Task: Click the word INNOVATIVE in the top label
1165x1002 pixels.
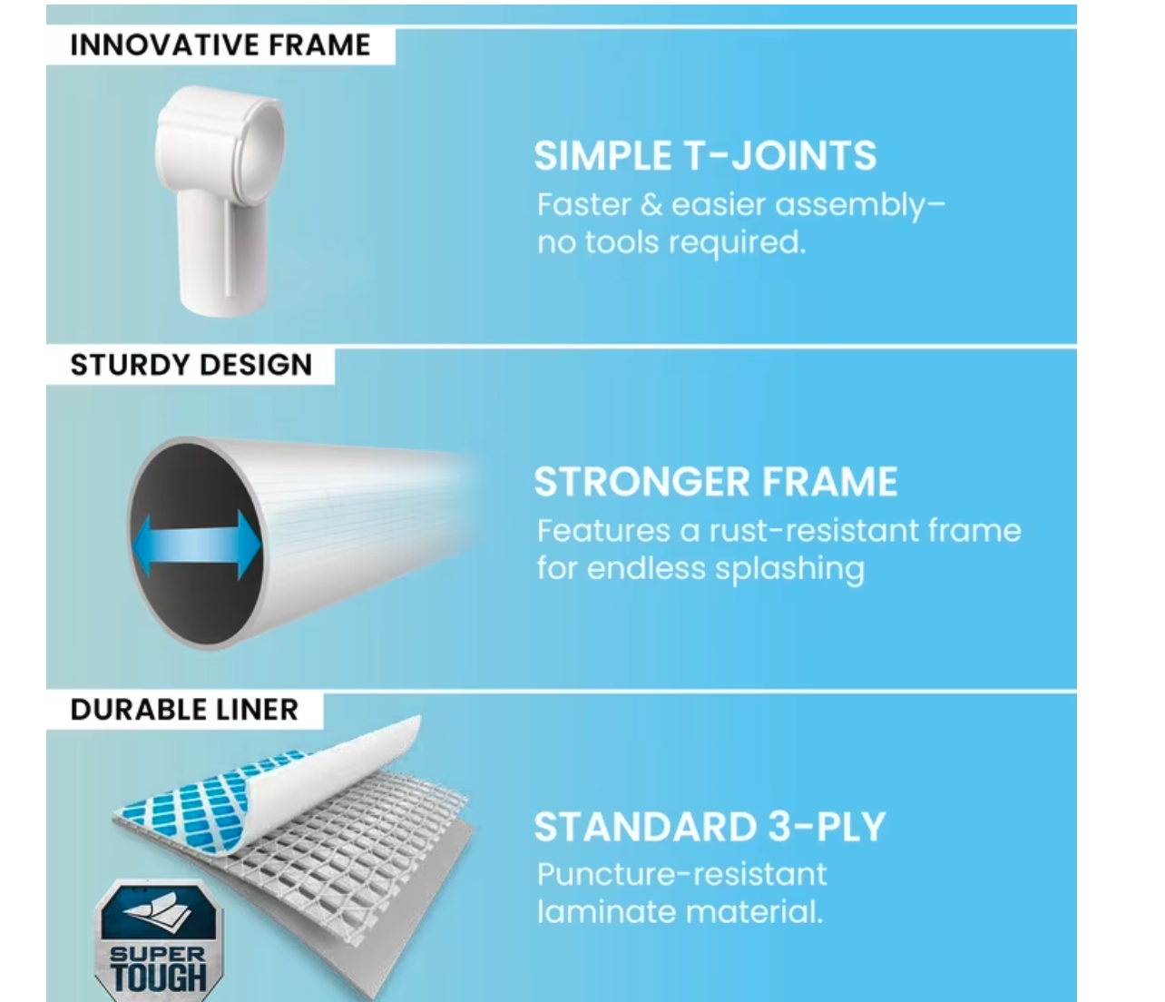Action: pyautogui.click(x=162, y=45)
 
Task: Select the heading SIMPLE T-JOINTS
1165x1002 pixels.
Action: pyautogui.click(x=705, y=155)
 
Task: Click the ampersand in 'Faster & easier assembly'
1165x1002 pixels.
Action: pyautogui.click(x=651, y=204)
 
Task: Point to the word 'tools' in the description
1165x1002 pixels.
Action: pyautogui.click(x=622, y=243)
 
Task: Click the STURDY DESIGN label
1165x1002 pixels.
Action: pyautogui.click(x=191, y=365)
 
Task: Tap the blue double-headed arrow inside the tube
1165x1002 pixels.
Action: pyautogui.click(x=197, y=545)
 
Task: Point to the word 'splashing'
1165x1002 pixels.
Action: pyautogui.click(x=789, y=569)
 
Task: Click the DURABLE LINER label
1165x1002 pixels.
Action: pyautogui.click(x=184, y=710)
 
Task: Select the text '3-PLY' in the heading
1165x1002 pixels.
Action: pyautogui.click(x=827, y=827)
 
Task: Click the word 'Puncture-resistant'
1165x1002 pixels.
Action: pyautogui.click(x=682, y=875)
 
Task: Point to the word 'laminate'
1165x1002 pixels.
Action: pyautogui.click(x=606, y=912)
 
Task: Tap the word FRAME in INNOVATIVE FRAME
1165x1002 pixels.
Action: pyautogui.click(x=319, y=45)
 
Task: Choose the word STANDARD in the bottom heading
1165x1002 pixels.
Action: pyautogui.click(x=645, y=827)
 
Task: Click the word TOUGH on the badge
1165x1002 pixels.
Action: pyautogui.click(x=159, y=977)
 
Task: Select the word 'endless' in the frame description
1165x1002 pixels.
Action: pyautogui.click(x=647, y=568)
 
